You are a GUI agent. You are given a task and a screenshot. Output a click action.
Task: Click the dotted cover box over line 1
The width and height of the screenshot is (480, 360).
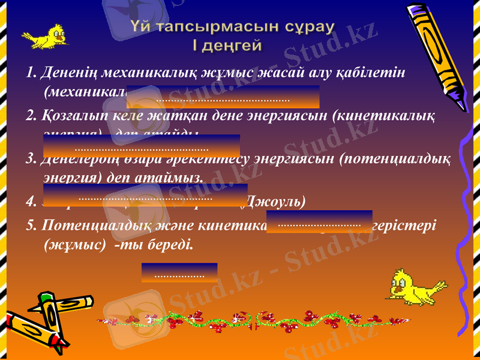tap(223, 97)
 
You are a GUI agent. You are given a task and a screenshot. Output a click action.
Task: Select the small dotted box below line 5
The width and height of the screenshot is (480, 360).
tap(179, 272)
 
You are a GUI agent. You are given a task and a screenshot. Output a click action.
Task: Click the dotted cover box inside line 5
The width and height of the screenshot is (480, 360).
tap(319, 221)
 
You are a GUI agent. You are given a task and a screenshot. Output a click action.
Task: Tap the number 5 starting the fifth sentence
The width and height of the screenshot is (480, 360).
tap(29, 226)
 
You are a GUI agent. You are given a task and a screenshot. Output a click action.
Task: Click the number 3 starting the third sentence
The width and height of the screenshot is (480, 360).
tap(29, 160)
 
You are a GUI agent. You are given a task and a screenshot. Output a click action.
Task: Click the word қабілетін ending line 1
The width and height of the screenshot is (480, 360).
tap(376, 73)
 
